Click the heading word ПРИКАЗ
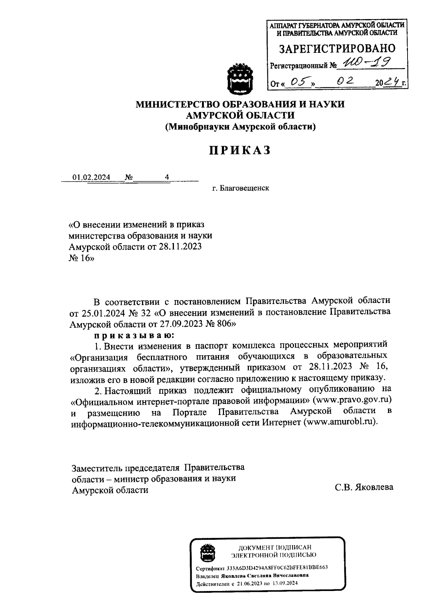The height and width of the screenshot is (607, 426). (x=240, y=151)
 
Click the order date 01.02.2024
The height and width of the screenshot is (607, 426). (x=91, y=177)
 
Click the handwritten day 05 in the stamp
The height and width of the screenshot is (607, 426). (x=298, y=82)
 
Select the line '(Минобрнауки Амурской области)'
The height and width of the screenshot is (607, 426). (x=240, y=127)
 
